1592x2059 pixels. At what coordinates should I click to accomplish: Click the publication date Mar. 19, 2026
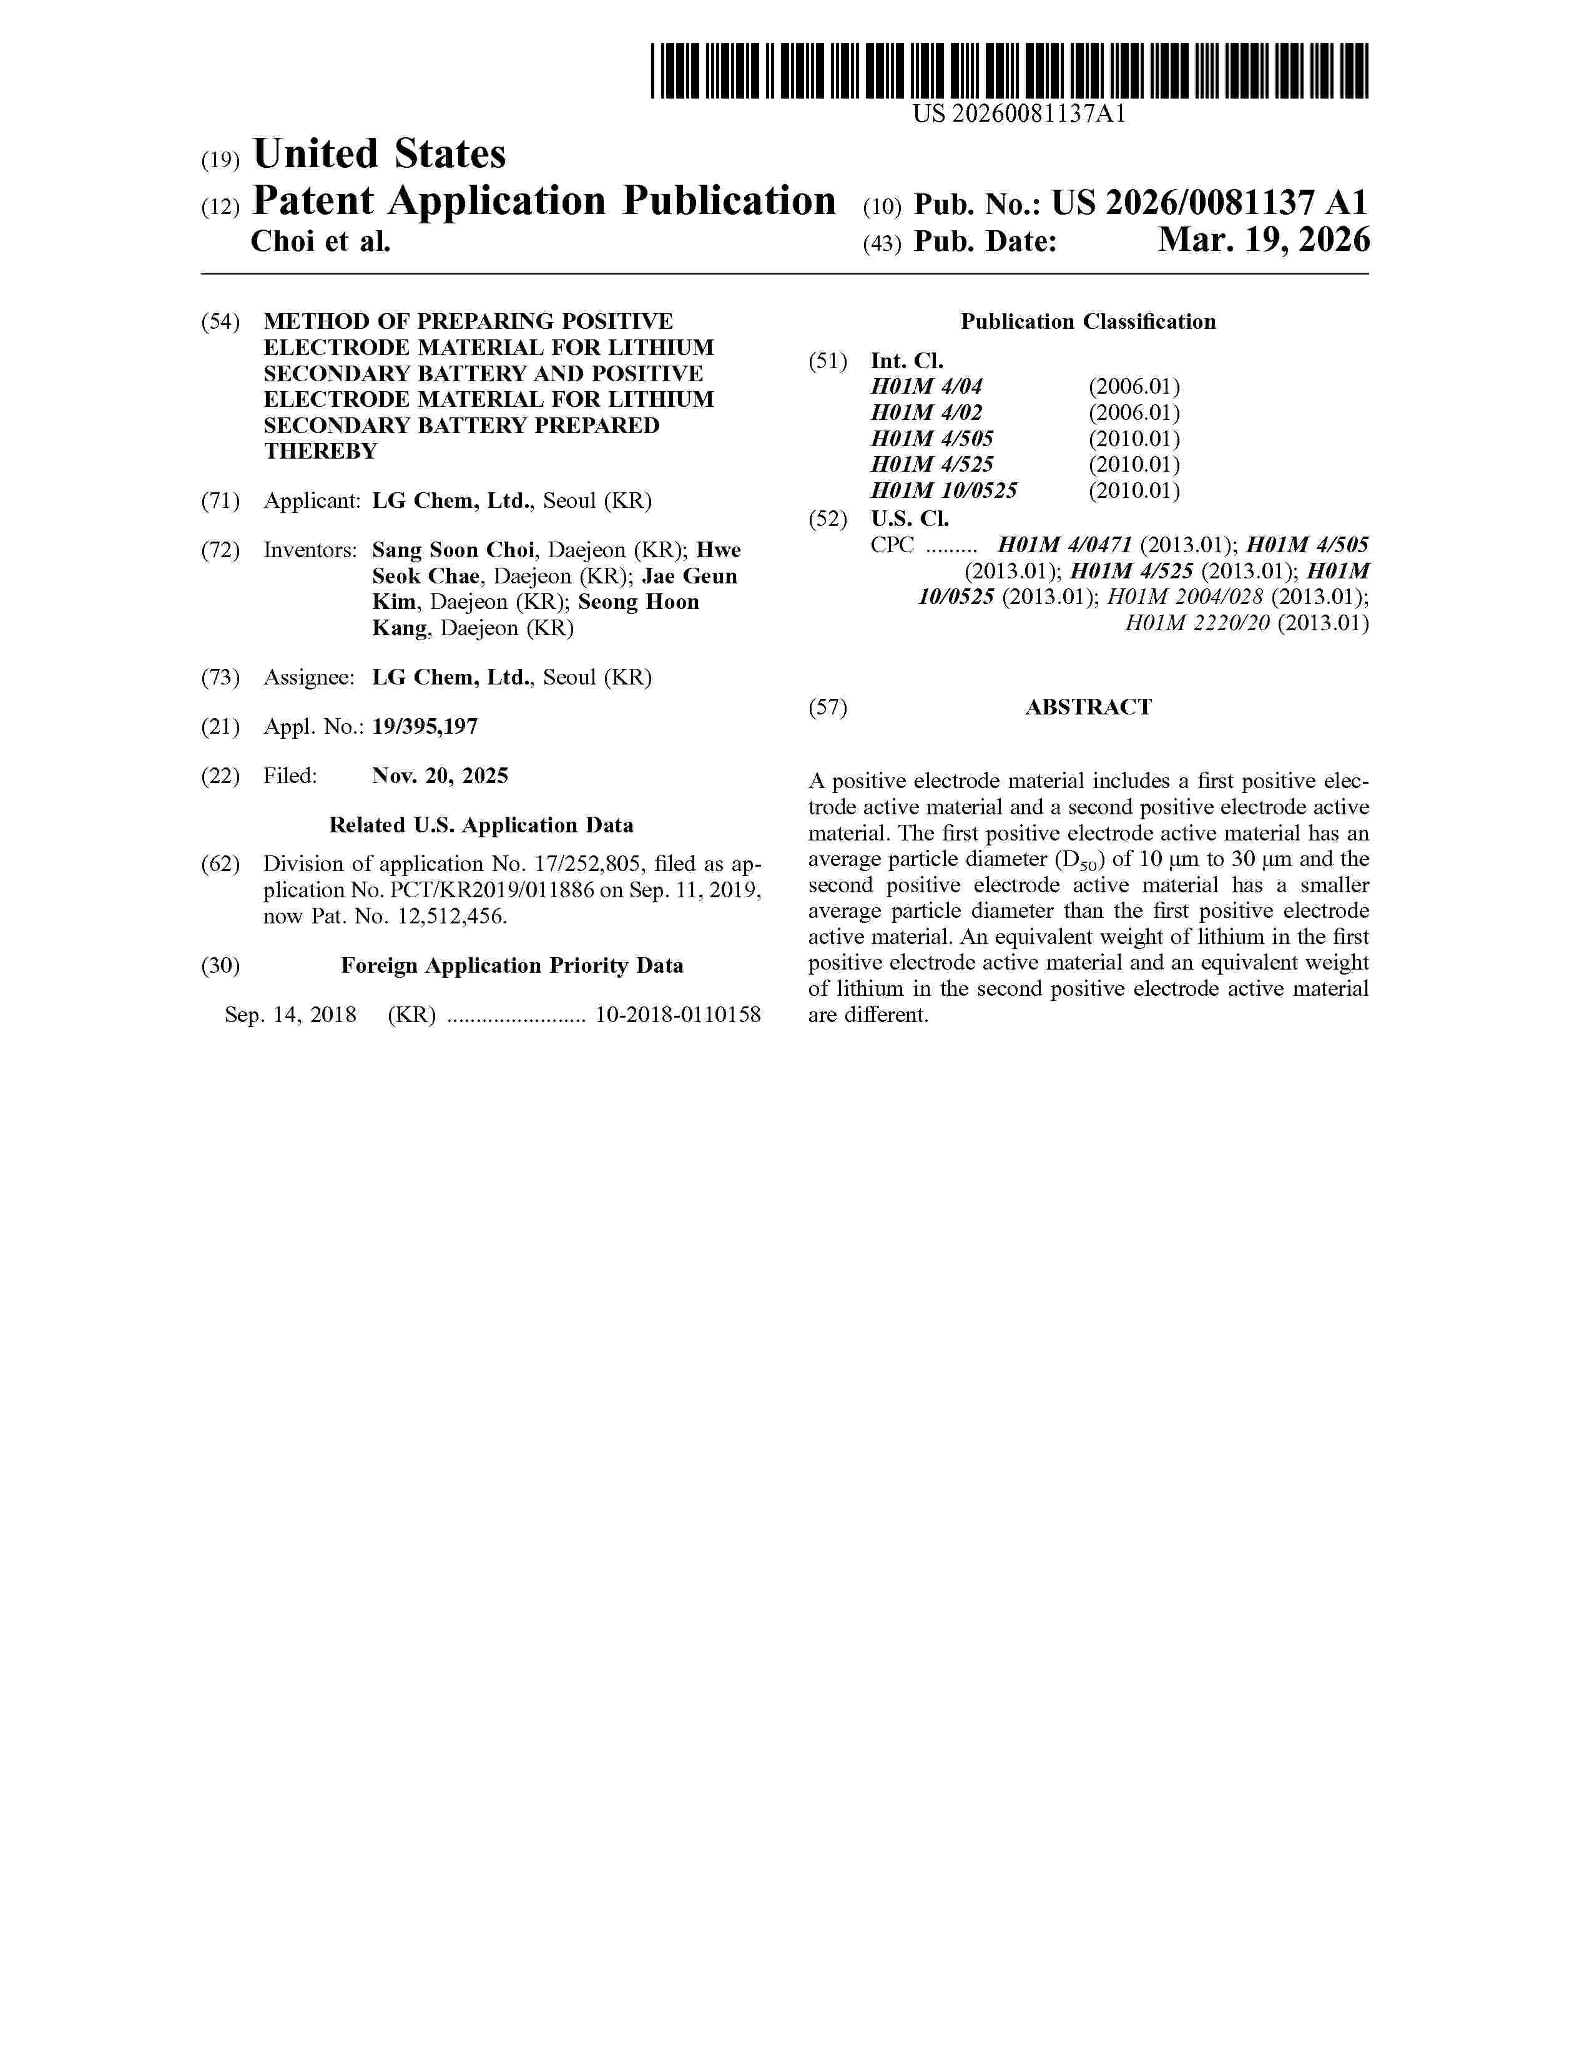(x=1263, y=241)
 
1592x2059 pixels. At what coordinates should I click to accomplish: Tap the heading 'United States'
(x=379, y=155)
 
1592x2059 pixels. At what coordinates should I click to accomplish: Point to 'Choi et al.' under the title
(x=321, y=242)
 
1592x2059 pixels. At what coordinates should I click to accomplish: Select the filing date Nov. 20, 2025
(x=440, y=776)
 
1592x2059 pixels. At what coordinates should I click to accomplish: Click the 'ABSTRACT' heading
(x=1088, y=708)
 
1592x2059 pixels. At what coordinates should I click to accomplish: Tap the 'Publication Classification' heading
(x=1088, y=323)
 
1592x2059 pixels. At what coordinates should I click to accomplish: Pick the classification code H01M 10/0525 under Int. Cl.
(x=943, y=491)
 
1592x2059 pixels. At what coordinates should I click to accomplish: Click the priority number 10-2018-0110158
(x=678, y=1015)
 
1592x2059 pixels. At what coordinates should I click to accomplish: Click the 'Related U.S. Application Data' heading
(x=481, y=826)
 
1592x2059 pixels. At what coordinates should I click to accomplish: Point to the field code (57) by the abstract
(x=827, y=708)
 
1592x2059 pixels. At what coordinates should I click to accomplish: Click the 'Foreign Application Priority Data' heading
(x=511, y=966)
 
